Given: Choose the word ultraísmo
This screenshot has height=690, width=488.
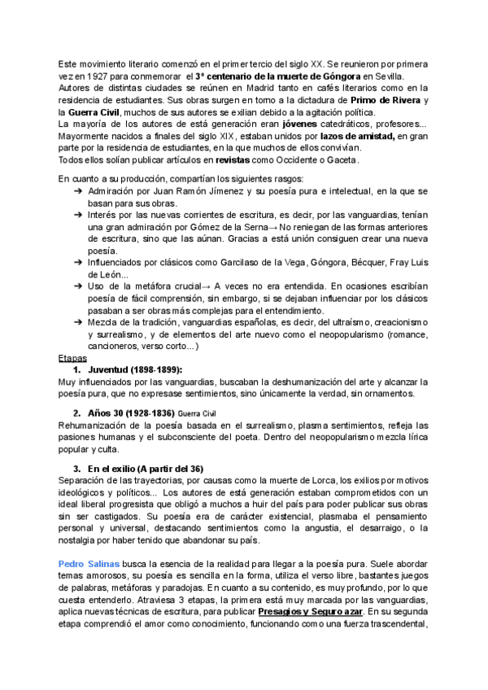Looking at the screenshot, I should pos(329,323).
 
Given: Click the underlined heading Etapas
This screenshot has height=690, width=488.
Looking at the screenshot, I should pos(73,357).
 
